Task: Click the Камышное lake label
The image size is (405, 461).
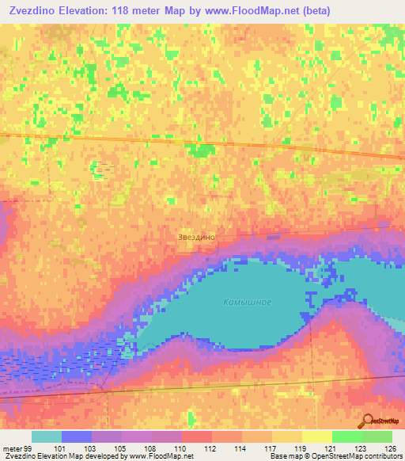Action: [247, 302]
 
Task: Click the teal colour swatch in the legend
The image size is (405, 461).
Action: [46, 436]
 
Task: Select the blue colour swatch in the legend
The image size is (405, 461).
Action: [77, 436]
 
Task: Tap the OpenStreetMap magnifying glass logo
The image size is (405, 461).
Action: [367, 421]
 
